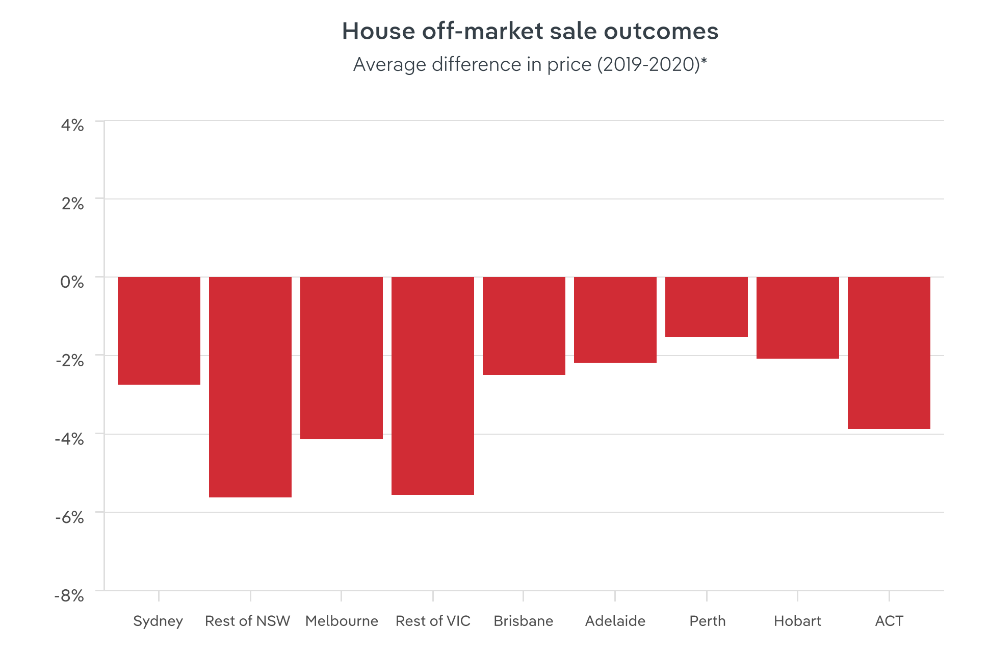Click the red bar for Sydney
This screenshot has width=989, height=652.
159,331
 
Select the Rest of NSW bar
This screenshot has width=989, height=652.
250,387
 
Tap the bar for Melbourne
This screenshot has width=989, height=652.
342,358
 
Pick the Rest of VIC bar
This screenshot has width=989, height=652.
433,386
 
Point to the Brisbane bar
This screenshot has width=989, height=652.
524,325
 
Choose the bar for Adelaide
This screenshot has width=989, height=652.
615,320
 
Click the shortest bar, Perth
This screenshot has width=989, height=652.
707,307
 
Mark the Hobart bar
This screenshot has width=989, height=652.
798,318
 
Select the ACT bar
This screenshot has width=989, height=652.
889,353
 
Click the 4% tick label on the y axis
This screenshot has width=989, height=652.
72,125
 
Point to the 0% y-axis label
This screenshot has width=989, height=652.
72,282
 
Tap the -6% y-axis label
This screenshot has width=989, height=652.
69,517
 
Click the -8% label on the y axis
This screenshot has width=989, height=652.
69,595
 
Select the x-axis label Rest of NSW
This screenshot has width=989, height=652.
247,621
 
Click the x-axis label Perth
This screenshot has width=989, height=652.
707,621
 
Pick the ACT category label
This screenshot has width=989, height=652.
889,621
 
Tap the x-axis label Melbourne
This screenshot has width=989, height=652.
342,621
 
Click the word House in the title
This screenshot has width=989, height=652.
378,31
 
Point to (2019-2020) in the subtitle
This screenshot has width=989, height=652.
652,65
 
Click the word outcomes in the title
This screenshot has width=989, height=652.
661,31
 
